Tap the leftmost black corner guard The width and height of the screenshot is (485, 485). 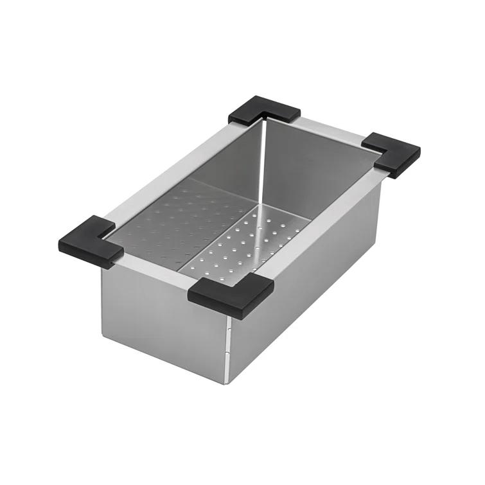90,241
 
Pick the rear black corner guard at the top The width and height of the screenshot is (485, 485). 264,110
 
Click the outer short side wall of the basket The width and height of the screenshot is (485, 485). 161,321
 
